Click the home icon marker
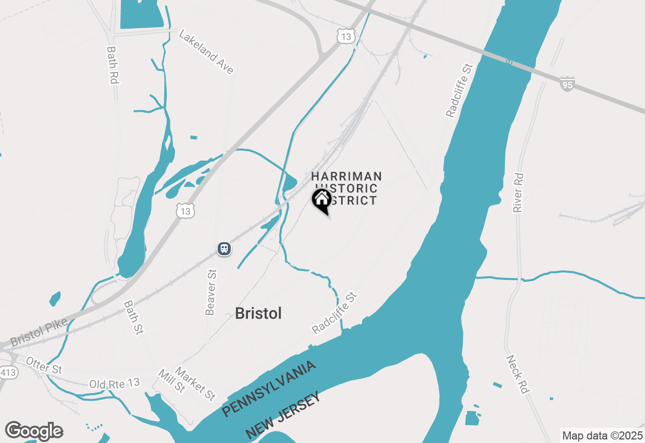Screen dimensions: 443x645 click(x=321, y=199)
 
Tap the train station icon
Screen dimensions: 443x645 click(x=224, y=248)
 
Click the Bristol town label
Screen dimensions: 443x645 click(x=259, y=313)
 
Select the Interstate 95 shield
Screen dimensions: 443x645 click(x=567, y=84)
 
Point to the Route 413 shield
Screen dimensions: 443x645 click(x=8, y=373)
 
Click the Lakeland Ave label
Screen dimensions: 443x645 click(x=207, y=52)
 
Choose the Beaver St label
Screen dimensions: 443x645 click(x=211, y=292)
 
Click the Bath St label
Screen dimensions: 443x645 click(x=134, y=318)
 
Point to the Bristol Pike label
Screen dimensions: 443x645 click(x=38, y=333)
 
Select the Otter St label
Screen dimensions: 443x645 click(x=44, y=365)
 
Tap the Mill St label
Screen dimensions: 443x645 click(x=172, y=381)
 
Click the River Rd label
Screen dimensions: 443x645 click(x=519, y=193)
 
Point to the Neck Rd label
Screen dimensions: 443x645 click(x=518, y=375)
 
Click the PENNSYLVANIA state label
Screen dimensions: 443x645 click(x=269, y=389)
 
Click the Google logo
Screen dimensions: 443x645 click(x=34, y=431)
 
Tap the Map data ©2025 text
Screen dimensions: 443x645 click(x=602, y=435)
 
